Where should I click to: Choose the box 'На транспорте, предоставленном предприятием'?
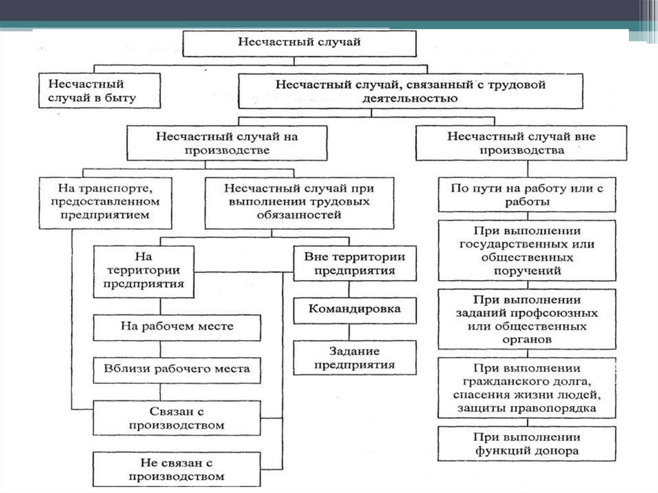[105, 202]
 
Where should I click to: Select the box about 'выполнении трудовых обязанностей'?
[299, 202]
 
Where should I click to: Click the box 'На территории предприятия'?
[144, 271]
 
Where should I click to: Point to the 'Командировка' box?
[354, 309]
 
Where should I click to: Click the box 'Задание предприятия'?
[354, 358]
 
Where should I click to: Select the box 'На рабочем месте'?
[177, 327]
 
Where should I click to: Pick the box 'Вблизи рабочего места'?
[177, 370]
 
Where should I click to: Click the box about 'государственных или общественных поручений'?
[527, 251]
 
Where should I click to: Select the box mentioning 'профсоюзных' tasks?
[527, 319]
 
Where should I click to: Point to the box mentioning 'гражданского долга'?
[527, 388]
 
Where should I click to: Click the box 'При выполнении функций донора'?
[527, 444]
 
